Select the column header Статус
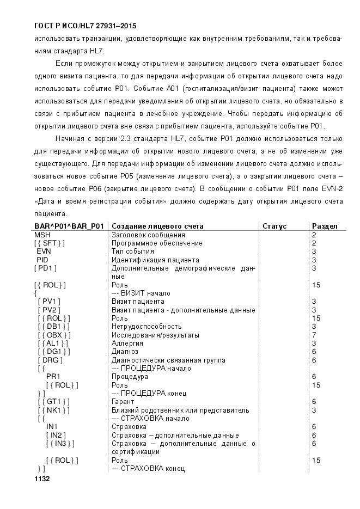pos(274,226)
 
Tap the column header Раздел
pos(325,226)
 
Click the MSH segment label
pos(42,235)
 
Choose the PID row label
pos(42,260)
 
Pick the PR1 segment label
pos(53,376)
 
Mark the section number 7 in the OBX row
pos(314,335)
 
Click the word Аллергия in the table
pos(127,343)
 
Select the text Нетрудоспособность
pos(143,326)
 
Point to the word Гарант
pos(123,401)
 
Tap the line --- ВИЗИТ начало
pos(141,293)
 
